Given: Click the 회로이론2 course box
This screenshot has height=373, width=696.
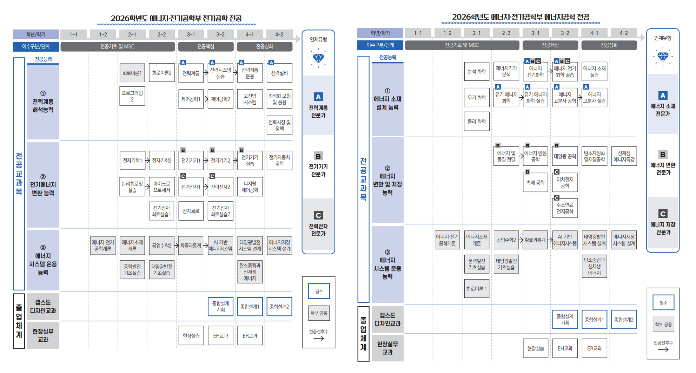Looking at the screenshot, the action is (x=161, y=73).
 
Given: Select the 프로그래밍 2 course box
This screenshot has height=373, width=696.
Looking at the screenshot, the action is (x=132, y=96).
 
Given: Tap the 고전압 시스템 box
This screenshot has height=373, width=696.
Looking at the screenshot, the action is (x=250, y=99).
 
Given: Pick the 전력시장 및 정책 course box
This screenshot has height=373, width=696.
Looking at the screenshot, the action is (x=279, y=125).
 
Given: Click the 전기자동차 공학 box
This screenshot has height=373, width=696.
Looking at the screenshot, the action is (x=279, y=161).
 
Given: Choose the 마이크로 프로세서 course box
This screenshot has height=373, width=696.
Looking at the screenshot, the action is (x=161, y=187).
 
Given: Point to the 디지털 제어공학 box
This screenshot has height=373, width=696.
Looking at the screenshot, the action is (x=250, y=187).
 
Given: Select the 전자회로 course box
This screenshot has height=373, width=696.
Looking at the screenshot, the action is (x=191, y=211).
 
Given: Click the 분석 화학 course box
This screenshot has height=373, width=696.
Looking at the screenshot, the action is (x=477, y=72).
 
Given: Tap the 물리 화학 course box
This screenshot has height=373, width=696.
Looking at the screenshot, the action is (x=477, y=122).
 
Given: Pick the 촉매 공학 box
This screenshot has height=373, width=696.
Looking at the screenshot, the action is (x=535, y=183).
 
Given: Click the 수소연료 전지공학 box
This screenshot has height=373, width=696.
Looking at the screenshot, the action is (x=565, y=208).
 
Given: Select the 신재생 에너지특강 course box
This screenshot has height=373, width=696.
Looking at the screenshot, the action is (x=624, y=156).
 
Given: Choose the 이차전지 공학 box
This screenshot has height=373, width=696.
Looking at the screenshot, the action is (x=565, y=183).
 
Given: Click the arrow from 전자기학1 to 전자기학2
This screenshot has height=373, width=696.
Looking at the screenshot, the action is (x=147, y=161).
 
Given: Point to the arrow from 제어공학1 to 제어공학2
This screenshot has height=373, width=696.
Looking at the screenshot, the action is (x=206, y=99).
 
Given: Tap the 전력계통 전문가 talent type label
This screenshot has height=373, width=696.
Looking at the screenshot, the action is (x=318, y=111).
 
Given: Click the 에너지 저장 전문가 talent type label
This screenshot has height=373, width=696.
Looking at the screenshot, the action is (x=663, y=228).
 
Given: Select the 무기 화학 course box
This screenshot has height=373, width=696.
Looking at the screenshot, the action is (x=477, y=97).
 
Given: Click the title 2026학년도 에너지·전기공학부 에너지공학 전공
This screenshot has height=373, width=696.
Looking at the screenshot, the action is (x=521, y=17).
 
